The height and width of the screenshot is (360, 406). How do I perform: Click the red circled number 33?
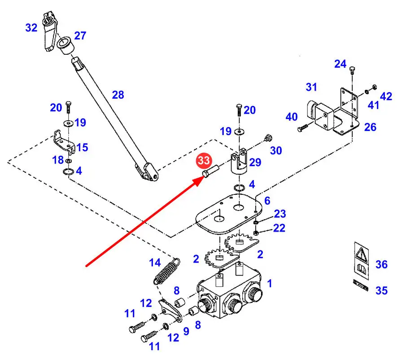pos(204,161)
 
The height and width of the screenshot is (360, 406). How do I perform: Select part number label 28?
pos(118,95)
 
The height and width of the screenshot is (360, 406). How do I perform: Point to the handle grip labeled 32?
pos(50,31)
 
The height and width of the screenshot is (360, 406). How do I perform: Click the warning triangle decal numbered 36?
pos(362,260)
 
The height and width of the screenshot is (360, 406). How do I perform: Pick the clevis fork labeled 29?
pos(239,162)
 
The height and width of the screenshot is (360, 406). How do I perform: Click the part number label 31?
pos(311,87)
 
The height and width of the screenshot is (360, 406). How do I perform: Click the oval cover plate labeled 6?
pos(229,214)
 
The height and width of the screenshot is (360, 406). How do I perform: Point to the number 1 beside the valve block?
pos(269,284)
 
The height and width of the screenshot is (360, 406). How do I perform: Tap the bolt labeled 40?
pos(303,127)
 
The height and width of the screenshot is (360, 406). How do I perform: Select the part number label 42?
pos(386,97)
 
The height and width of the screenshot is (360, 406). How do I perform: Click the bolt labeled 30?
pos(267,138)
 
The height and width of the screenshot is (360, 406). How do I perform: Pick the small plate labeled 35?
pos(361,285)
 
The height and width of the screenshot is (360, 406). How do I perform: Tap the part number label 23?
pos(279,214)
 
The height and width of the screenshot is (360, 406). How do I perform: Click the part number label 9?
pos(186,332)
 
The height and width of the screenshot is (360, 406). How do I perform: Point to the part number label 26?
pos(370,127)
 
